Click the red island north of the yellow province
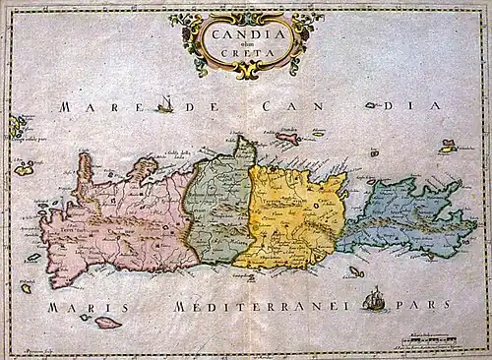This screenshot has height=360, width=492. coord(287,139)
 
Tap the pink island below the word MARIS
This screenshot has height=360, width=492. coord(105,322)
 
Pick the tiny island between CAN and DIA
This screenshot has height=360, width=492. coord(371,105)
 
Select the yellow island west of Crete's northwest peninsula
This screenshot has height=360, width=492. coord(24,169)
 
